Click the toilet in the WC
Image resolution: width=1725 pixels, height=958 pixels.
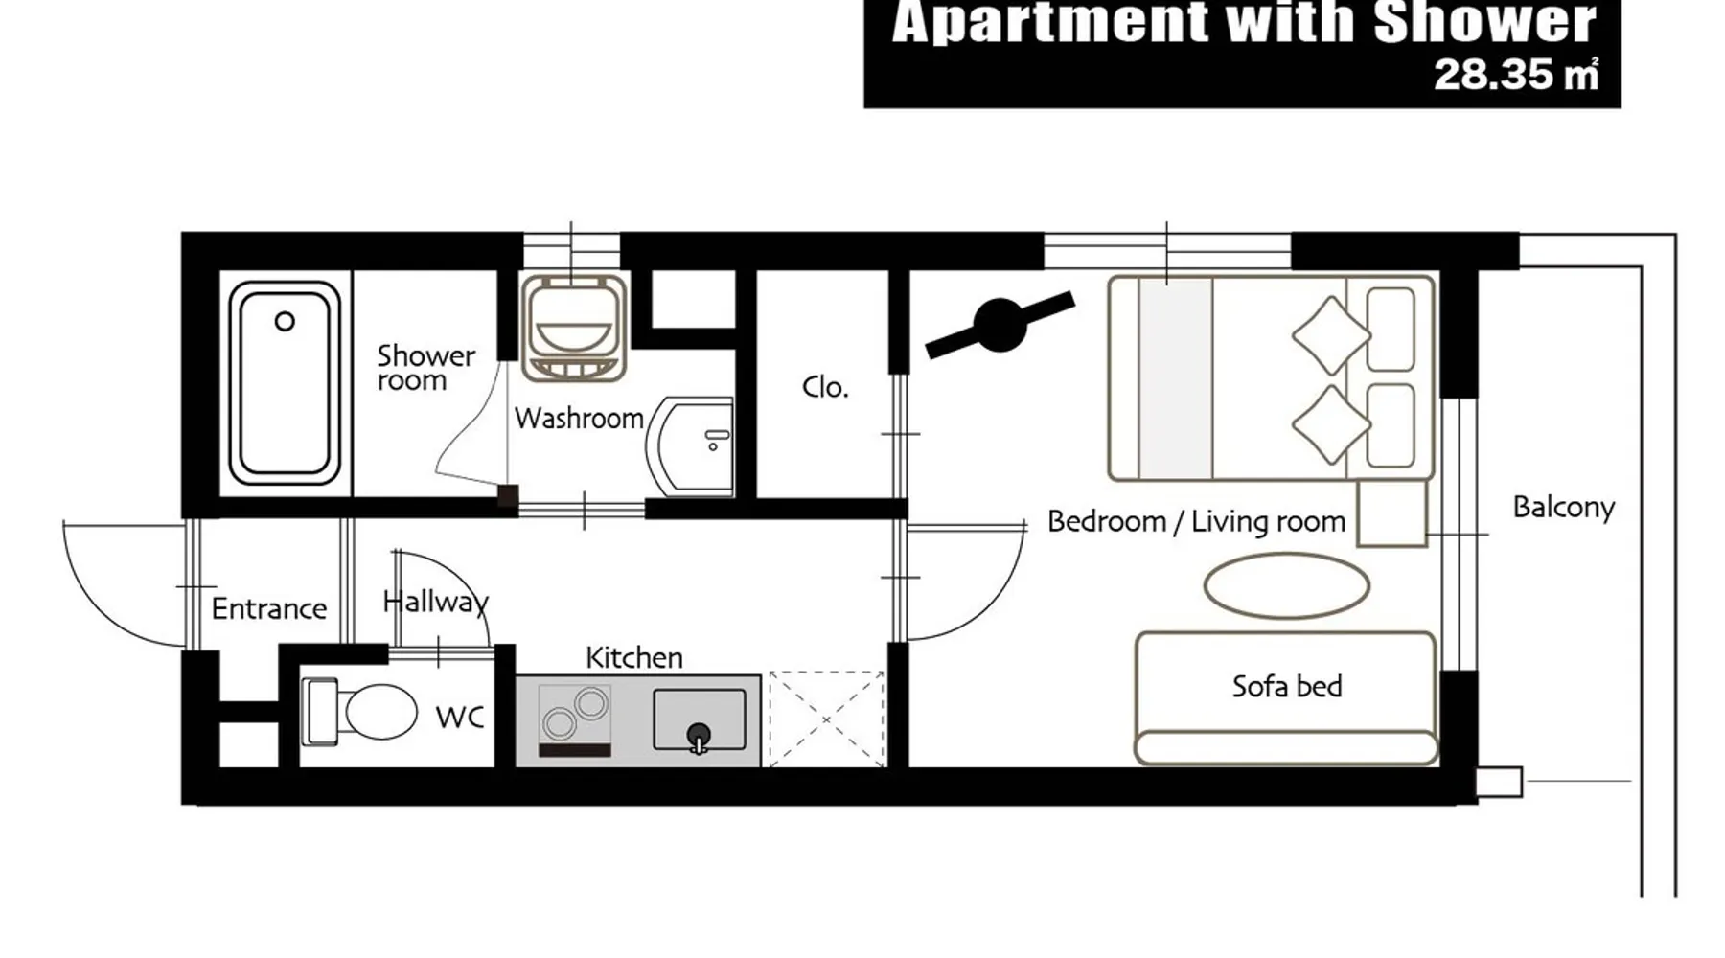coord(359,712)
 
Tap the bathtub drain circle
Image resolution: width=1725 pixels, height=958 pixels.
coord(285,322)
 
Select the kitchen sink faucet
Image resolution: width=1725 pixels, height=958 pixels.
coord(699,738)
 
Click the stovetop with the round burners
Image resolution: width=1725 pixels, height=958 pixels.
coord(575,720)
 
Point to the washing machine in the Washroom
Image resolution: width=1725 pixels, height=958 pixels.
coord(574,328)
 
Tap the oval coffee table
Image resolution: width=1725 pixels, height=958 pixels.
coord(1286,585)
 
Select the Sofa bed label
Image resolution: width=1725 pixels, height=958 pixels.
coord(1286,686)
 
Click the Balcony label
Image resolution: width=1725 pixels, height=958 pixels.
coord(1563,507)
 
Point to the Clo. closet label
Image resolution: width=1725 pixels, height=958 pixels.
coord(825,387)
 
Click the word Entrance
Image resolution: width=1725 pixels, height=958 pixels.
coord(268,608)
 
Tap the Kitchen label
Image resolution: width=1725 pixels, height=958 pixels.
coord(633,658)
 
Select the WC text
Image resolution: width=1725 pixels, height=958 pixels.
coord(459,718)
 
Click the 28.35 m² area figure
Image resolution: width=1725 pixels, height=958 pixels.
coord(1516,75)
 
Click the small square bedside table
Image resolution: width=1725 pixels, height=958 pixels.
coord(1392,513)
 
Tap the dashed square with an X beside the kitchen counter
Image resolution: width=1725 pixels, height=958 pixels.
coord(826,719)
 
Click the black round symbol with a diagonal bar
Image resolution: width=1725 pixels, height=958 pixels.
coord(1000,325)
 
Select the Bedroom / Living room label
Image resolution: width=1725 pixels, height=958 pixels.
coord(1196,521)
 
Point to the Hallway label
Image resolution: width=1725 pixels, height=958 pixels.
coord(435,602)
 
